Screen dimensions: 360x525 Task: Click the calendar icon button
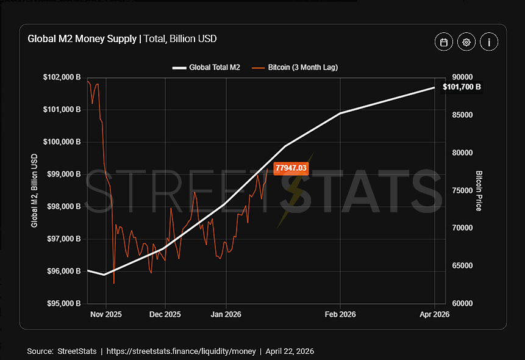click(x=444, y=42)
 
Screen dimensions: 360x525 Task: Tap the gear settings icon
click(x=466, y=42)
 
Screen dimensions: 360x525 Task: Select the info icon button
click(x=489, y=42)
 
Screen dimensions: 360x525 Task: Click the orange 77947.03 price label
click(x=291, y=167)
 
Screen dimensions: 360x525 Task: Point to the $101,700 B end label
click(x=462, y=87)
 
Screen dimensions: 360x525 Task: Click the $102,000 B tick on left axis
click(x=63, y=77)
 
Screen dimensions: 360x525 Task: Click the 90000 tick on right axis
click(x=463, y=77)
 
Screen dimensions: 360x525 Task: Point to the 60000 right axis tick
click(x=463, y=303)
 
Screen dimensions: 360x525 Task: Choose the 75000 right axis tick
click(x=463, y=190)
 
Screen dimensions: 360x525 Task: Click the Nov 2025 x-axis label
click(x=106, y=315)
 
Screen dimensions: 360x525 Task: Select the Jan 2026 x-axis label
click(x=226, y=315)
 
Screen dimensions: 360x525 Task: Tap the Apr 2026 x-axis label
click(x=434, y=315)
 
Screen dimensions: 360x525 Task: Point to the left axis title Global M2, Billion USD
click(x=35, y=190)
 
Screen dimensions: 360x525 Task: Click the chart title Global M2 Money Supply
click(x=82, y=39)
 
